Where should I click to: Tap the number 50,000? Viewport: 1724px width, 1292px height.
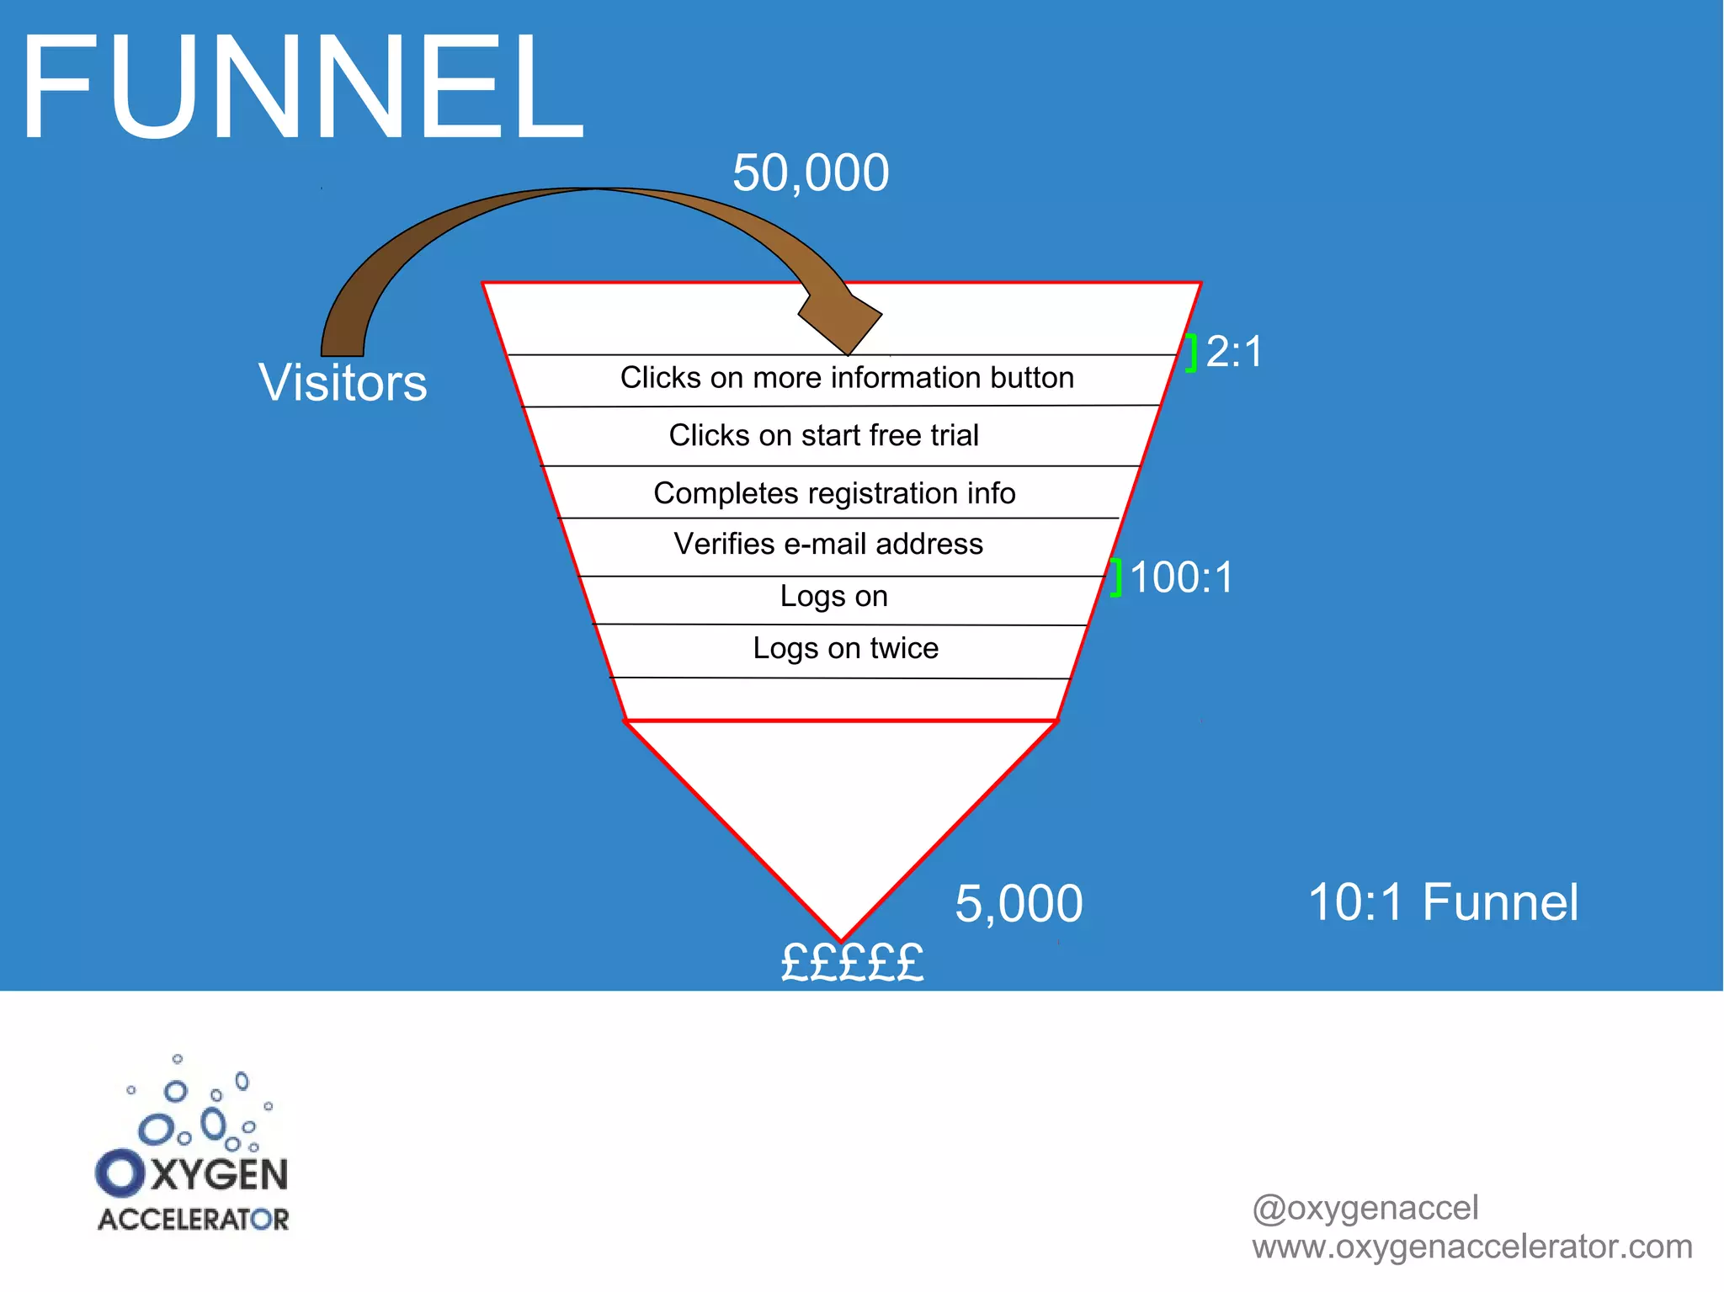pyautogui.click(x=810, y=173)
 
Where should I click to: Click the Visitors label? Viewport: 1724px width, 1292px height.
pyautogui.click(x=343, y=383)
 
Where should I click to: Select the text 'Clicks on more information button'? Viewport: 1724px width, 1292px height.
pyautogui.click(x=847, y=378)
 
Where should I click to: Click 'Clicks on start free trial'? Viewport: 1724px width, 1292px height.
pyautogui.click(x=823, y=435)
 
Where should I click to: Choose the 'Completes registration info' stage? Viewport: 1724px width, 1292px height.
pyautogui.click(x=834, y=493)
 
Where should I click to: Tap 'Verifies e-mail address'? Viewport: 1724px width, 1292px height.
pyautogui.click(x=828, y=544)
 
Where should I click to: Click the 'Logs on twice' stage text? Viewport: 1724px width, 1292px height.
pyautogui.click(x=845, y=648)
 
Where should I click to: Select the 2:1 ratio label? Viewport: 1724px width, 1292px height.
pyautogui.click(x=1234, y=352)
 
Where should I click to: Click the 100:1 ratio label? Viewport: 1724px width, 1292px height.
pyautogui.click(x=1181, y=577)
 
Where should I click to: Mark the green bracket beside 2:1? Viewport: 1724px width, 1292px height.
pyautogui.click(x=1191, y=353)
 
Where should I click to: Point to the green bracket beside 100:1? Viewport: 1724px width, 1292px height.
pyautogui.click(x=1115, y=577)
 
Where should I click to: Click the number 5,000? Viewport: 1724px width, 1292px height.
pyautogui.click(x=1019, y=904)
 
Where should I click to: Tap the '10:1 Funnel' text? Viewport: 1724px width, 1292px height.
pyautogui.click(x=1443, y=902)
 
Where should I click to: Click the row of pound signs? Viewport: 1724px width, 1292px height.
pyautogui.click(x=852, y=963)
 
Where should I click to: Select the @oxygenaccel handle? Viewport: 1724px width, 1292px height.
pyautogui.click(x=1365, y=1208)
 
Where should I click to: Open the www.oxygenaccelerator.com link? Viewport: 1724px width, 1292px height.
pyautogui.click(x=1471, y=1247)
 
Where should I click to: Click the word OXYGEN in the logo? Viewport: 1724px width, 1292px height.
pyautogui.click(x=194, y=1174)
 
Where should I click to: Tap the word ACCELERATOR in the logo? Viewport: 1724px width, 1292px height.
pyautogui.click(x=194, y=1220)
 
